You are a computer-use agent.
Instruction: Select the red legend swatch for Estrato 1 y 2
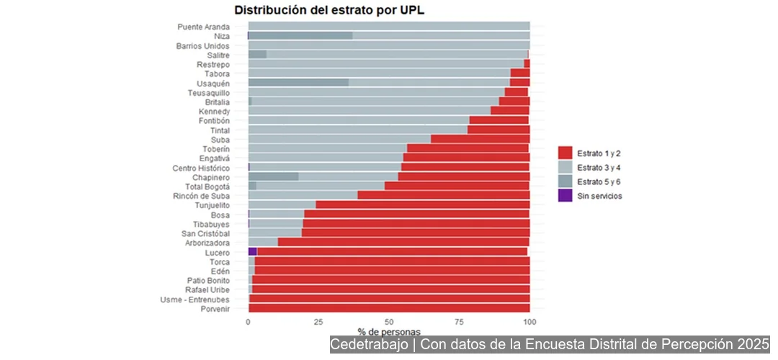click(565, 153)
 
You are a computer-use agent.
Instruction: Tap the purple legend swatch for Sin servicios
click(565, 195)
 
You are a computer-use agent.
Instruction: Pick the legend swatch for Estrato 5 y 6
click(565, 181)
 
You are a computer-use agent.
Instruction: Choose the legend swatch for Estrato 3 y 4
click(565, 166)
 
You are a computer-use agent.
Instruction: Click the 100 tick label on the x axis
click(529, 321)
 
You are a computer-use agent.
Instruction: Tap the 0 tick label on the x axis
click(249, 321)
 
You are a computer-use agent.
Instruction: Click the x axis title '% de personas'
click(389, 331)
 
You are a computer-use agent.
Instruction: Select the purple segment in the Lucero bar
click(252, 252)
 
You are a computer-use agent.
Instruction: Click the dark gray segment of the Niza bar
click(300, 36)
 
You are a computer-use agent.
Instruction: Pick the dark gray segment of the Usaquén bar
click(298, 83)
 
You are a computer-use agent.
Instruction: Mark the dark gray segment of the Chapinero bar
click(273, 176)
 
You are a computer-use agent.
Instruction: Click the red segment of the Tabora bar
click(519, 73)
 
